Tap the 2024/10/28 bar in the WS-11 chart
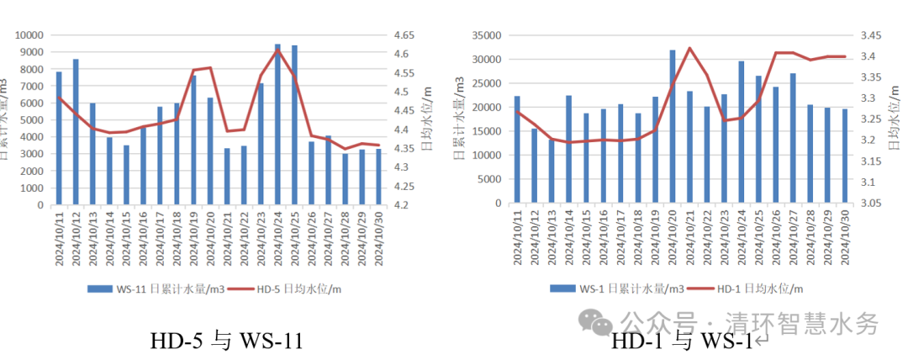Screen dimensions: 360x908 point(345,179)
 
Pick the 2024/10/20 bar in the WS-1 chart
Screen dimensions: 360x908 point(673,127)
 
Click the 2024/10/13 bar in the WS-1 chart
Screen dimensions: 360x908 point(552,172)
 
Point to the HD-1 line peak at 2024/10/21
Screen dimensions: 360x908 point(689,48)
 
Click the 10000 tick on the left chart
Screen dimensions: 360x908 point(32,35)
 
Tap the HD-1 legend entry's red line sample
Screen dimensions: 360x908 point(697,289)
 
